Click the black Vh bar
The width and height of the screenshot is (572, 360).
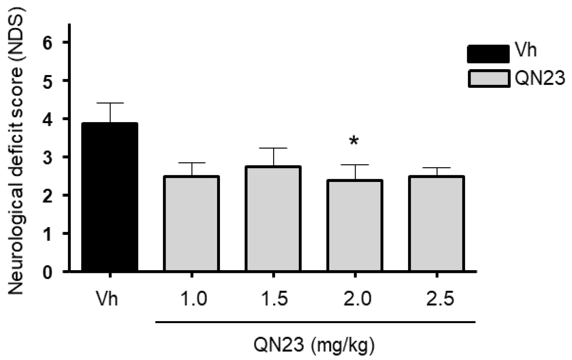(x=110, y=197)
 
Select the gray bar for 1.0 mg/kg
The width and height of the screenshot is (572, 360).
(x=192, y=224)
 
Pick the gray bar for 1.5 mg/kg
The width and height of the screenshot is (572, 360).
(x=273, y=218)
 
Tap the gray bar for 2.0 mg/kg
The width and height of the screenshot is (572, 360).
(x=355, y=225)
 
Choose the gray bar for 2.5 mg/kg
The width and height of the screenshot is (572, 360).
(x=436, y=224)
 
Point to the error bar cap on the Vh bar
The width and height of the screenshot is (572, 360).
(x=110, y=103)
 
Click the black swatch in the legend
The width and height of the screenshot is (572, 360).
(x=488, y=54)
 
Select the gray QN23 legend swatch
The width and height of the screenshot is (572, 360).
(x=489, y=79)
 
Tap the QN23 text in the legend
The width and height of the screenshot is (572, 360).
(x=539, y=78)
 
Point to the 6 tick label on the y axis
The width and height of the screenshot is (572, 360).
(x=47, y=42)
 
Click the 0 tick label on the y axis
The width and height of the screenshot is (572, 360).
(x=47, y=272)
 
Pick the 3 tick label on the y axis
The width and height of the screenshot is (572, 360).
(x=47, y=157)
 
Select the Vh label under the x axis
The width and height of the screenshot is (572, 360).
(x=106, y=299)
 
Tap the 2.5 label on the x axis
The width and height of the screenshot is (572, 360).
(x=440, y=299)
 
